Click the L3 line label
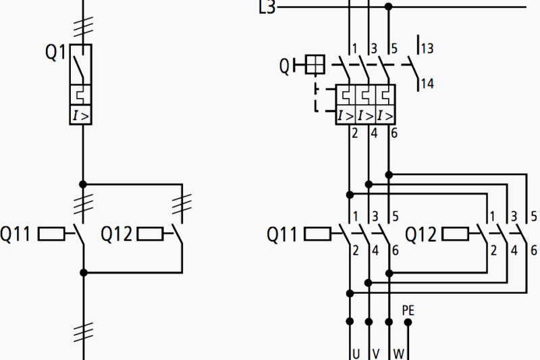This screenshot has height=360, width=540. coord(267,8)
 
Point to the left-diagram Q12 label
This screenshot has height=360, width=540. coord(115,234)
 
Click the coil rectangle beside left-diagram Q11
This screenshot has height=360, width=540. coord(51,234)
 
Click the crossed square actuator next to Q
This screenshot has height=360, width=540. coord(315,65)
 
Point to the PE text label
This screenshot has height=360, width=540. coord(408,311)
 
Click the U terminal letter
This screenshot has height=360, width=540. coord(355,353)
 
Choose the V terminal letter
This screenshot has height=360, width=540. coord(376,353)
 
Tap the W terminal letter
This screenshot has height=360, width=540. coord(398,353)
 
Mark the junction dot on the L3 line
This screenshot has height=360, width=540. coord(388,7)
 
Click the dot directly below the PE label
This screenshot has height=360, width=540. coord(408,322)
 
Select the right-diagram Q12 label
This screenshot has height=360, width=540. coord(421,234)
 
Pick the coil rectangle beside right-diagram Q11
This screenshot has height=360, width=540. coord(317,234)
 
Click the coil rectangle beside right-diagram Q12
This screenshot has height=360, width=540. coord(455,234)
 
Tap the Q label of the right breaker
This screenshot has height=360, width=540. coord(285,66)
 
